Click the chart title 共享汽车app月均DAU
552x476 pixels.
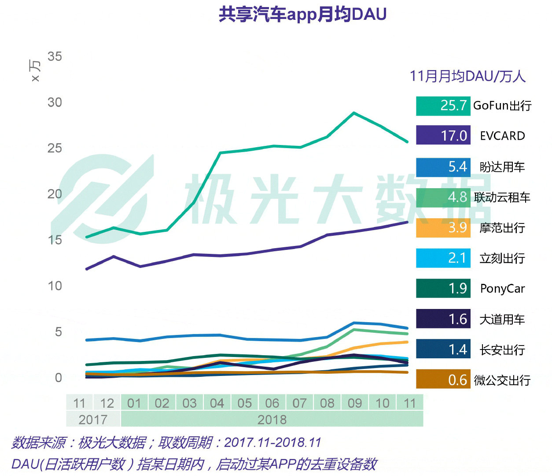point(302,14)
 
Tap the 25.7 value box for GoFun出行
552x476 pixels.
point(443,106)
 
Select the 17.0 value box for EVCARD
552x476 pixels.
point(443,135)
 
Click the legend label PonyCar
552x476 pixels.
point(502,289)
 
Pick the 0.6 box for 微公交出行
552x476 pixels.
point(443,379)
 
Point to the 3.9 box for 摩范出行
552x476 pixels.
point(443,227)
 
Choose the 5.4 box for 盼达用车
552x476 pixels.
point(443,167)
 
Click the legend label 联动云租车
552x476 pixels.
point(502,197)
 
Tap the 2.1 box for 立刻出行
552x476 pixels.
point(443,258)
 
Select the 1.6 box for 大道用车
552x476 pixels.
point(443,319)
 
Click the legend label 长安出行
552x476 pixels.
point(502,350)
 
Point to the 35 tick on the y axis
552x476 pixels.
point(55,56)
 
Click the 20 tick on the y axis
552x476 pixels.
point(55,194)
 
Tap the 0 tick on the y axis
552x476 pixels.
point(58,378)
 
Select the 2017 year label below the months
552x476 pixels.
point(93,420)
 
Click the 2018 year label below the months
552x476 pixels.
point(272,420)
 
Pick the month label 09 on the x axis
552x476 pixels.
point(355,403)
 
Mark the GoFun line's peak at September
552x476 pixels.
point(354,113)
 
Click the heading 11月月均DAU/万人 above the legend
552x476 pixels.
point(467,76)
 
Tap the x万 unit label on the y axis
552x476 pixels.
point(35,71)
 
